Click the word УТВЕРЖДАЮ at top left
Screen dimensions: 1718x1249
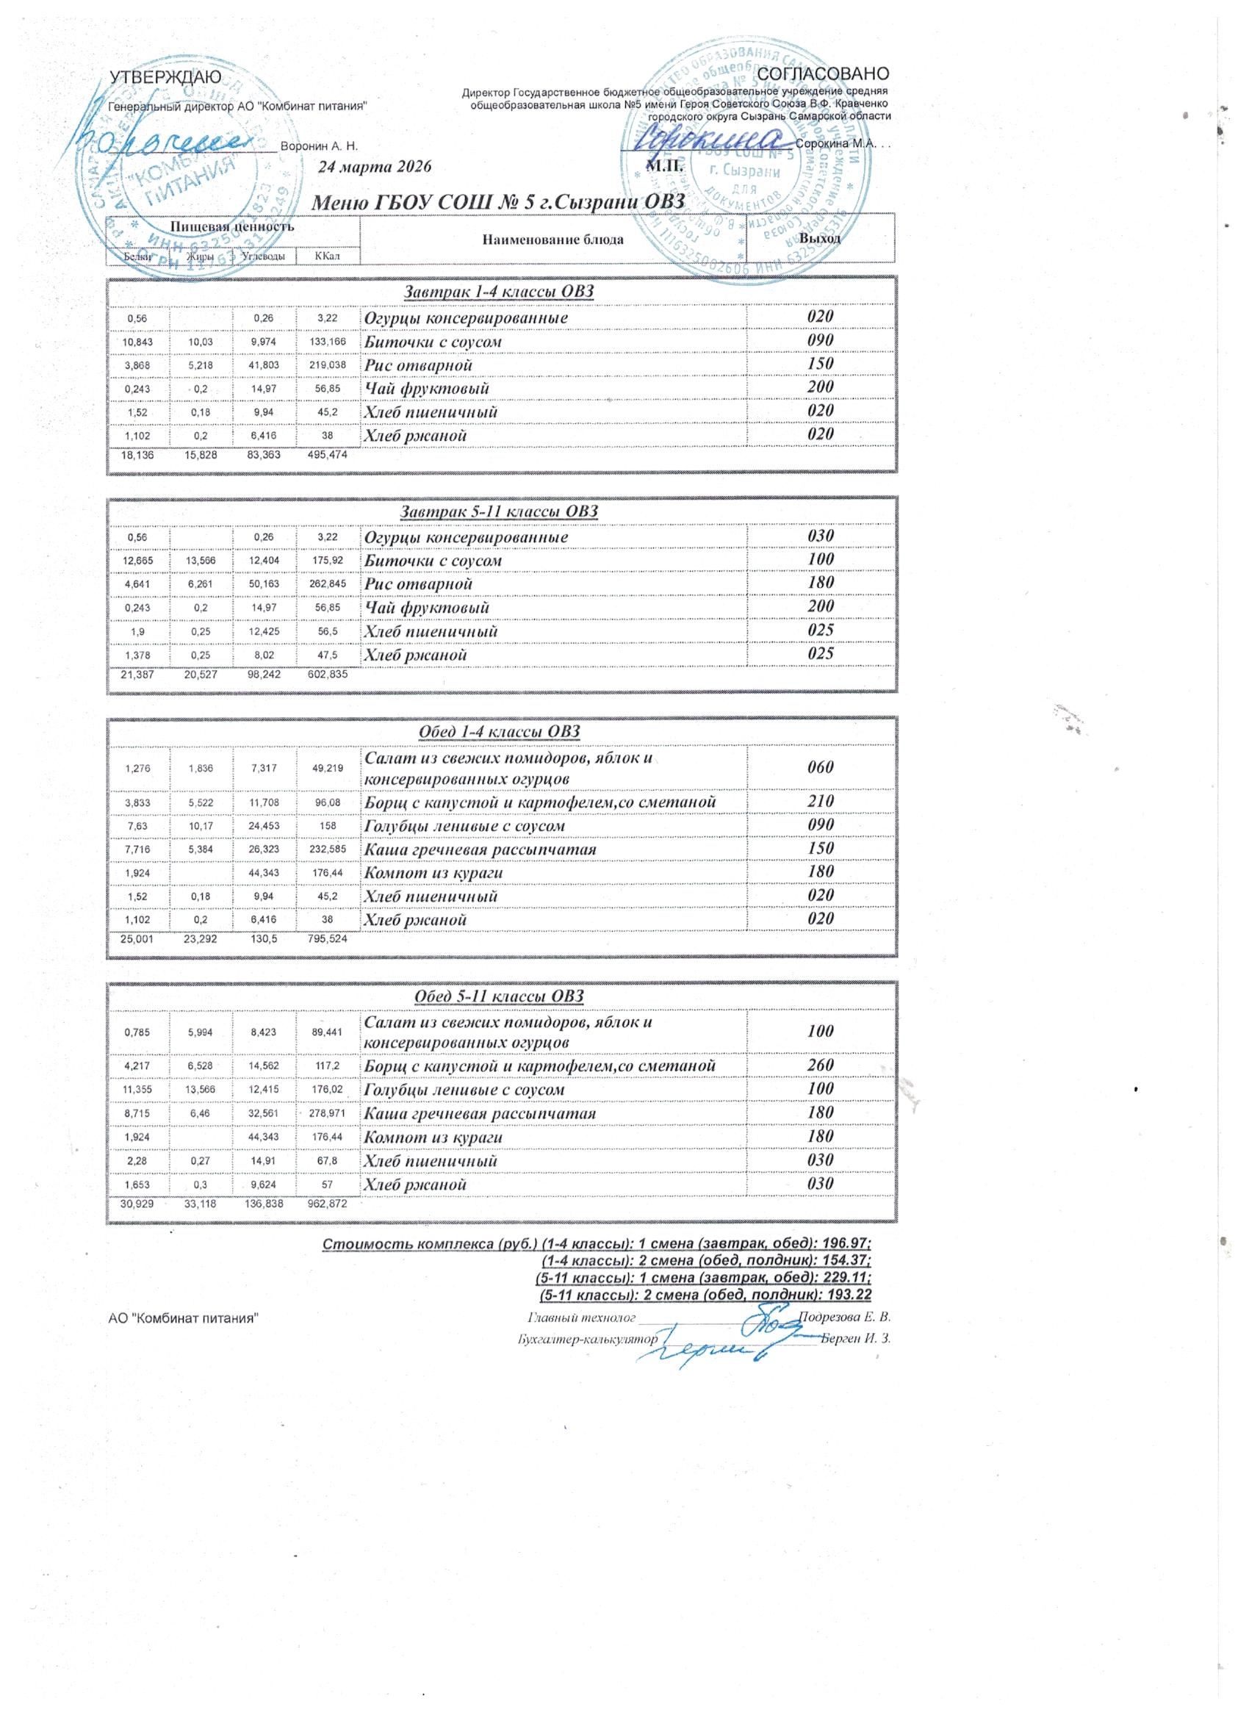click(x=166, y=76)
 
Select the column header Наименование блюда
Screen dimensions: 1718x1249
click(x=552, y=240)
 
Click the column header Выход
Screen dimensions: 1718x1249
click(x=819, y=238)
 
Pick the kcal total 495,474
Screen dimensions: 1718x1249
click(x=326, y=455)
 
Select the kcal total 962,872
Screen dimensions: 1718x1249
click(x=326, y=1204)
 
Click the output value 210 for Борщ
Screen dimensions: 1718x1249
click(x=819, y=801)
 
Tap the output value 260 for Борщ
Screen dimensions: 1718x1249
click(x=819, y=1065)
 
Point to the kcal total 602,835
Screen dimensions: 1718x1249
click(x=326, y=674)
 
